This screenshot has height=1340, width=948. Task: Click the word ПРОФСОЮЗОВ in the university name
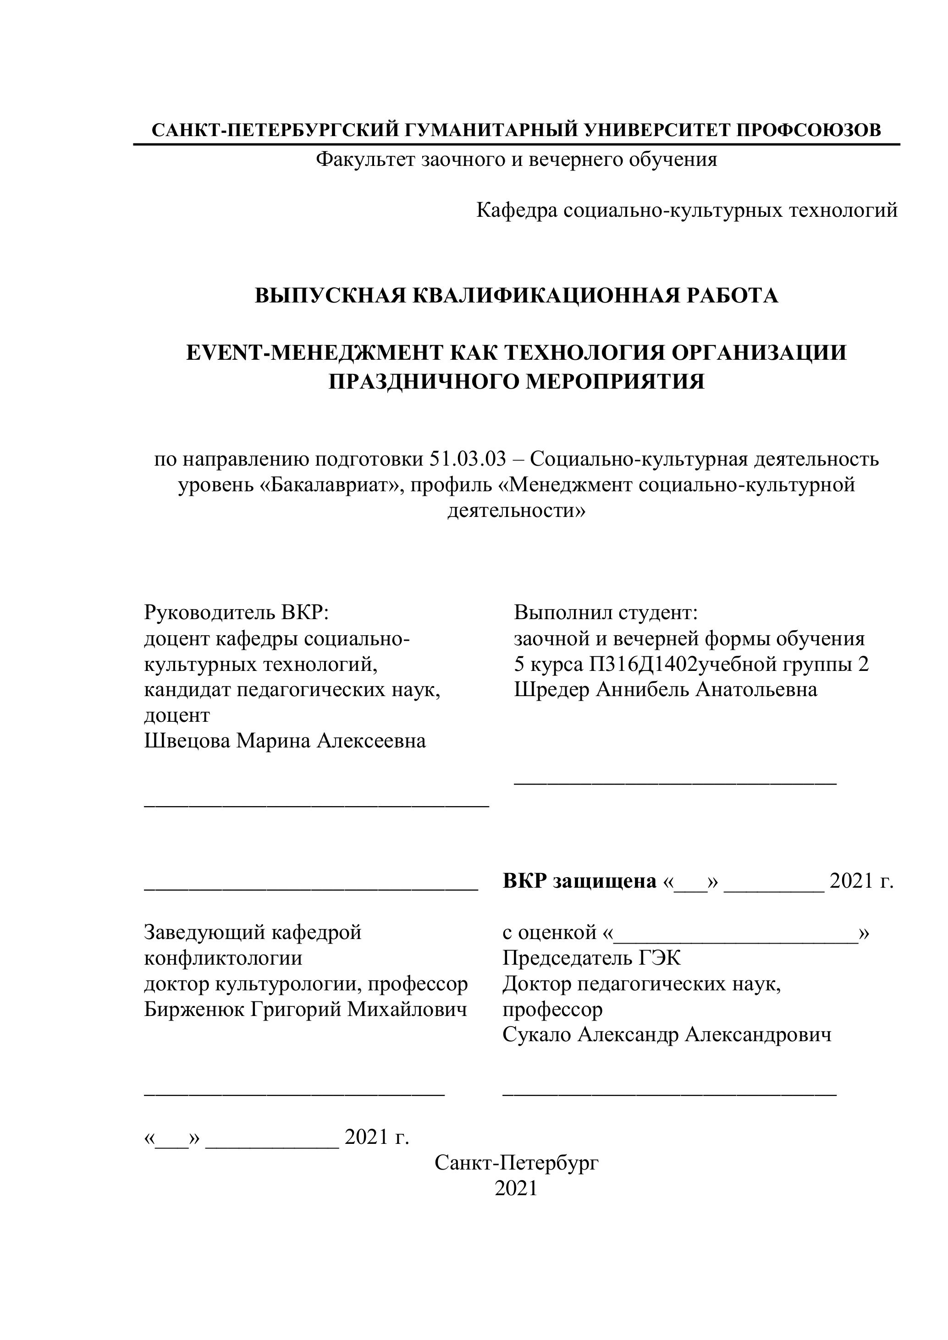[808, 130]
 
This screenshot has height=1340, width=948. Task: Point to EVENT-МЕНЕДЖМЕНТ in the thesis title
[312, 353]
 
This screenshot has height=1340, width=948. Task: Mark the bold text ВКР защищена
[579, 881]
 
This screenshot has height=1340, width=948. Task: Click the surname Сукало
[537, 1035]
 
